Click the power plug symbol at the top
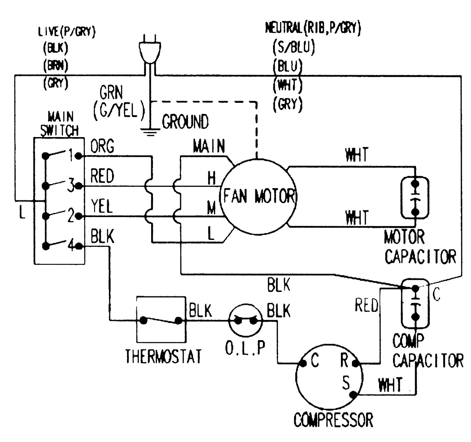(x=150, y=52)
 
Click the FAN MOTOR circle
(x=258, y=197)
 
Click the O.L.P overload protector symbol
(x=245, y=321)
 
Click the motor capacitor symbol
(x=415, y=198)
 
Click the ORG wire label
(x=102, y=146)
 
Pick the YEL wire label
(x=101, y=206)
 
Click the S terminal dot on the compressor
(x=353, y=395)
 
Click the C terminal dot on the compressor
(x=303, y=364)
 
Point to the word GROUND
(x=185, y=122)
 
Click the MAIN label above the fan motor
(x=209, y=146)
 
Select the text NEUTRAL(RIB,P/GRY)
(x=313, y=29)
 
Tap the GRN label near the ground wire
(x=111, y=93)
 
